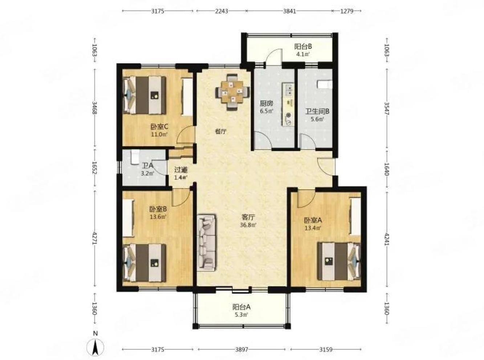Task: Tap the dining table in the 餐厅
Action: point(233,92)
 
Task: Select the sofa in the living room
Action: point(207,243)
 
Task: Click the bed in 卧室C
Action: point(144,95)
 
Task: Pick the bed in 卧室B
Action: point(144,263)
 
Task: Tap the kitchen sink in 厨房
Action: point(288,90)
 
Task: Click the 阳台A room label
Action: point(241,307)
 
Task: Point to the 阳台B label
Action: point(303,46)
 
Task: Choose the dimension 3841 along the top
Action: point(289,11)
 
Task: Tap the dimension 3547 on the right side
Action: point(387,109)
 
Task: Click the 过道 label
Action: point(181,170)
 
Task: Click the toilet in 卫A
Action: point(135,157)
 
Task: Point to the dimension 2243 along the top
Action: point(221,11)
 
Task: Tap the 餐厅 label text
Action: point(221,132)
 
